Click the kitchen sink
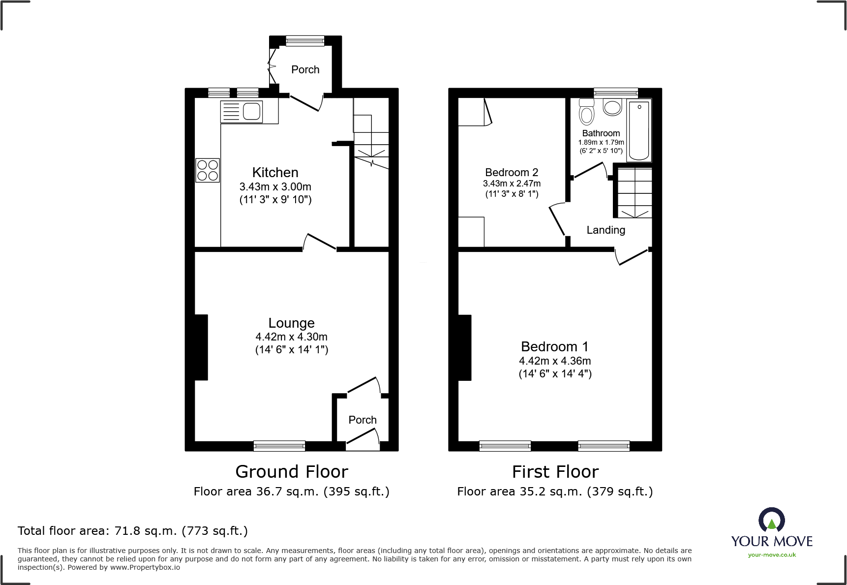pos(251,111)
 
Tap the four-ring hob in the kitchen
pos(208,170)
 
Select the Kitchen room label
pos(275,173)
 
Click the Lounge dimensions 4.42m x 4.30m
pos(291,337)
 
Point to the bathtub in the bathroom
pos(639,130)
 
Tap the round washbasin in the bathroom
pos(612,107)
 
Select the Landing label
pos(605,230)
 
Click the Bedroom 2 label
pos(512,173)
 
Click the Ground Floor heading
pos(292,472)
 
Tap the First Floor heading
pos(555,472)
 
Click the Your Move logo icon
pos(771,521)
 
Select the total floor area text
pos(133,531)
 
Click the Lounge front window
pos(279,446)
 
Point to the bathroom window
pos(615,92)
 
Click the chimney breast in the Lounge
pos(201,347)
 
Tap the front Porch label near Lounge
pos(363,420)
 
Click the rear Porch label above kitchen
pos(305,70)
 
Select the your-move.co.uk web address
pos(772,555)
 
